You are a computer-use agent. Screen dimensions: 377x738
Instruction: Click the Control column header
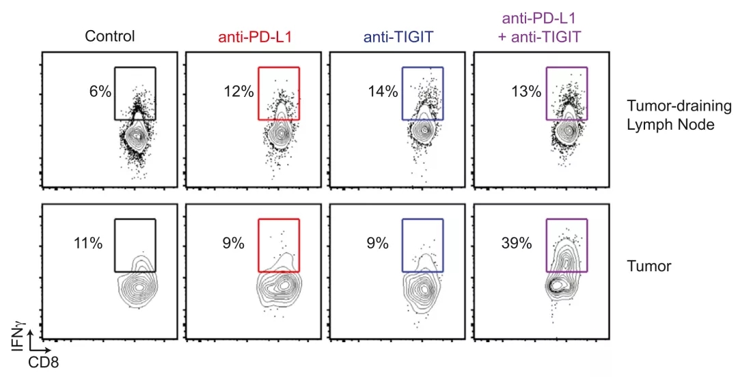click(110, 36)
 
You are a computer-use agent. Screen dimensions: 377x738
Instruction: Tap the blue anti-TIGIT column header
click(399, 36)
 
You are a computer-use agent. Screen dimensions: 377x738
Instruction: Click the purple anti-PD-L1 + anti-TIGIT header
click(546, 28)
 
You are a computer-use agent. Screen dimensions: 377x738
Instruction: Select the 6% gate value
click(100, 92)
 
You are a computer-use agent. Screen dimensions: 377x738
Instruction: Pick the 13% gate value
click(527, 92)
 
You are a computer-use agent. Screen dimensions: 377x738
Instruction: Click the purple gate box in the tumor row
click(567, 245)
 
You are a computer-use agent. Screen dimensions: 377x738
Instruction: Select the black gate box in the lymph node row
click(135, 94)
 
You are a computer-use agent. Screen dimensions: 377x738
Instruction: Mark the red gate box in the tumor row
click(279, 245)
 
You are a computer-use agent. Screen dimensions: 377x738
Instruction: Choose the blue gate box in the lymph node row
click(423, 94)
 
